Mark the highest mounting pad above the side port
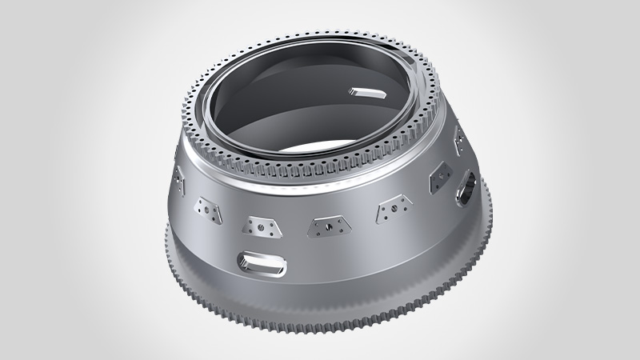[461, 144]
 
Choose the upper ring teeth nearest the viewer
[320, 180]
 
